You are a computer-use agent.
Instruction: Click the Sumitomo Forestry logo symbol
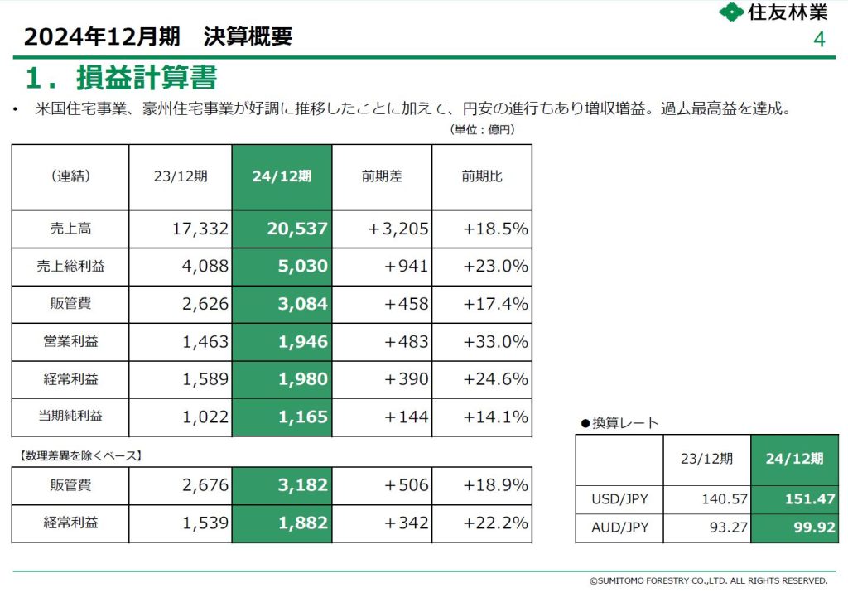pos(731,13)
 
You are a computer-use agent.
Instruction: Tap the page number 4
pos(820,40)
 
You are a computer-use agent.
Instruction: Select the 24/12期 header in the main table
pos(282,176)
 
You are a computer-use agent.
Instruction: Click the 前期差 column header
pos(382,176)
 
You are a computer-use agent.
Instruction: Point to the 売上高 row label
pos(70,229)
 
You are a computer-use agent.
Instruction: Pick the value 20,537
pos(297,229)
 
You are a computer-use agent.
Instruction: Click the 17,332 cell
pos(202,229)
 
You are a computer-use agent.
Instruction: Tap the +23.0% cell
pos(496,267)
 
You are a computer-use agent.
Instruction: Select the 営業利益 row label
pos(70,342)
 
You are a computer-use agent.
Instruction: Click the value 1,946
pos(303,342)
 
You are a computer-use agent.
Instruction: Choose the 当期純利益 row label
pos(70,417)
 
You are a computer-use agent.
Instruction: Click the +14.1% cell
pos(496,417)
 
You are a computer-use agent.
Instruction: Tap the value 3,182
pos(303,485)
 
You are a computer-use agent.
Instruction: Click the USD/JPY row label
pos(619,498)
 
